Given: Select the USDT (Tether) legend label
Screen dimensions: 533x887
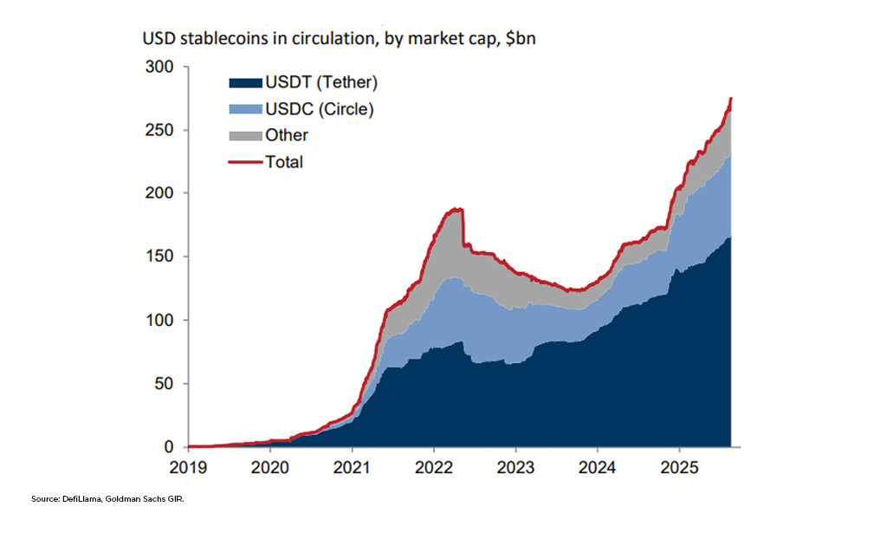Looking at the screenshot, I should (x=322, y=83).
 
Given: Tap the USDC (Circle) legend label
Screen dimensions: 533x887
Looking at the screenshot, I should (x=320, y=109).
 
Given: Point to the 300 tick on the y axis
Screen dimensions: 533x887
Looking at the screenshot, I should (x=162, y=67).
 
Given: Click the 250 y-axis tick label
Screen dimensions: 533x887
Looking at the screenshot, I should (x=162, y=130).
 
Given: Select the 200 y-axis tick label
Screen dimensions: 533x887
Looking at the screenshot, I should (x=162, y=193).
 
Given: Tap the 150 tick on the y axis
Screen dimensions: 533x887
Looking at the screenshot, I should (x=162, y=257).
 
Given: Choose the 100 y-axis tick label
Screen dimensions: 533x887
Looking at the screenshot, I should (x=162, y=320).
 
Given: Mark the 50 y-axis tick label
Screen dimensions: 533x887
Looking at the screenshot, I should (x=165, y=383).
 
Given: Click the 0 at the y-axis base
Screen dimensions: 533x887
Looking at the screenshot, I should (x=170, y=446).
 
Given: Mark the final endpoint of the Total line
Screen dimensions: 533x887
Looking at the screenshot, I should (x=732, y=99).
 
